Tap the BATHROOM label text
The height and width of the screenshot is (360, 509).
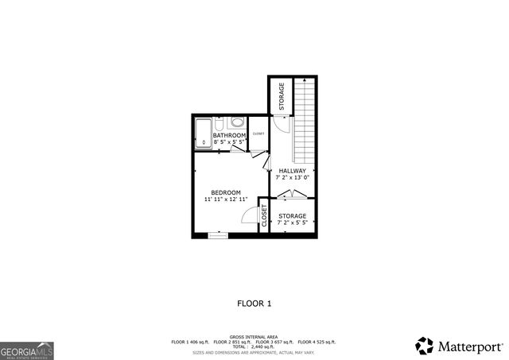(x=229, y=136)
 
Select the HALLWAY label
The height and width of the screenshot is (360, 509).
(x=291, y=171)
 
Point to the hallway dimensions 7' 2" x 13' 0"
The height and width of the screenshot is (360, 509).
(x=291, y=178)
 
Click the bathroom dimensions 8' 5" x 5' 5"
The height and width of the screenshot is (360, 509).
(x=229, y=143)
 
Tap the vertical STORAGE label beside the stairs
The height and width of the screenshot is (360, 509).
(x=282, y=97)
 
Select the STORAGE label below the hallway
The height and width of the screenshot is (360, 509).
(x=292, y=216)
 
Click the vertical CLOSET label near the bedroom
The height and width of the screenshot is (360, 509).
(x=264, y=216)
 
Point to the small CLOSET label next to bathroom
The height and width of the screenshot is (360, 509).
(x=258, y=134)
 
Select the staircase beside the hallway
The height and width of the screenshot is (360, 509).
(x=305, y=119)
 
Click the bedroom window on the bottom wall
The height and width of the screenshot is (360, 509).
(x=217, y=235)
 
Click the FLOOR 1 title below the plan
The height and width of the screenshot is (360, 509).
(x=254, y=303)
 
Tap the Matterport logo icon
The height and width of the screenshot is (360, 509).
(x=425, y=346)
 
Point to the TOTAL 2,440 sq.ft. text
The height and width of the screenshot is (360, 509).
(x=254, y=346)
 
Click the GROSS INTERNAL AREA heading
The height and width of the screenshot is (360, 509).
(x=254, y=337)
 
